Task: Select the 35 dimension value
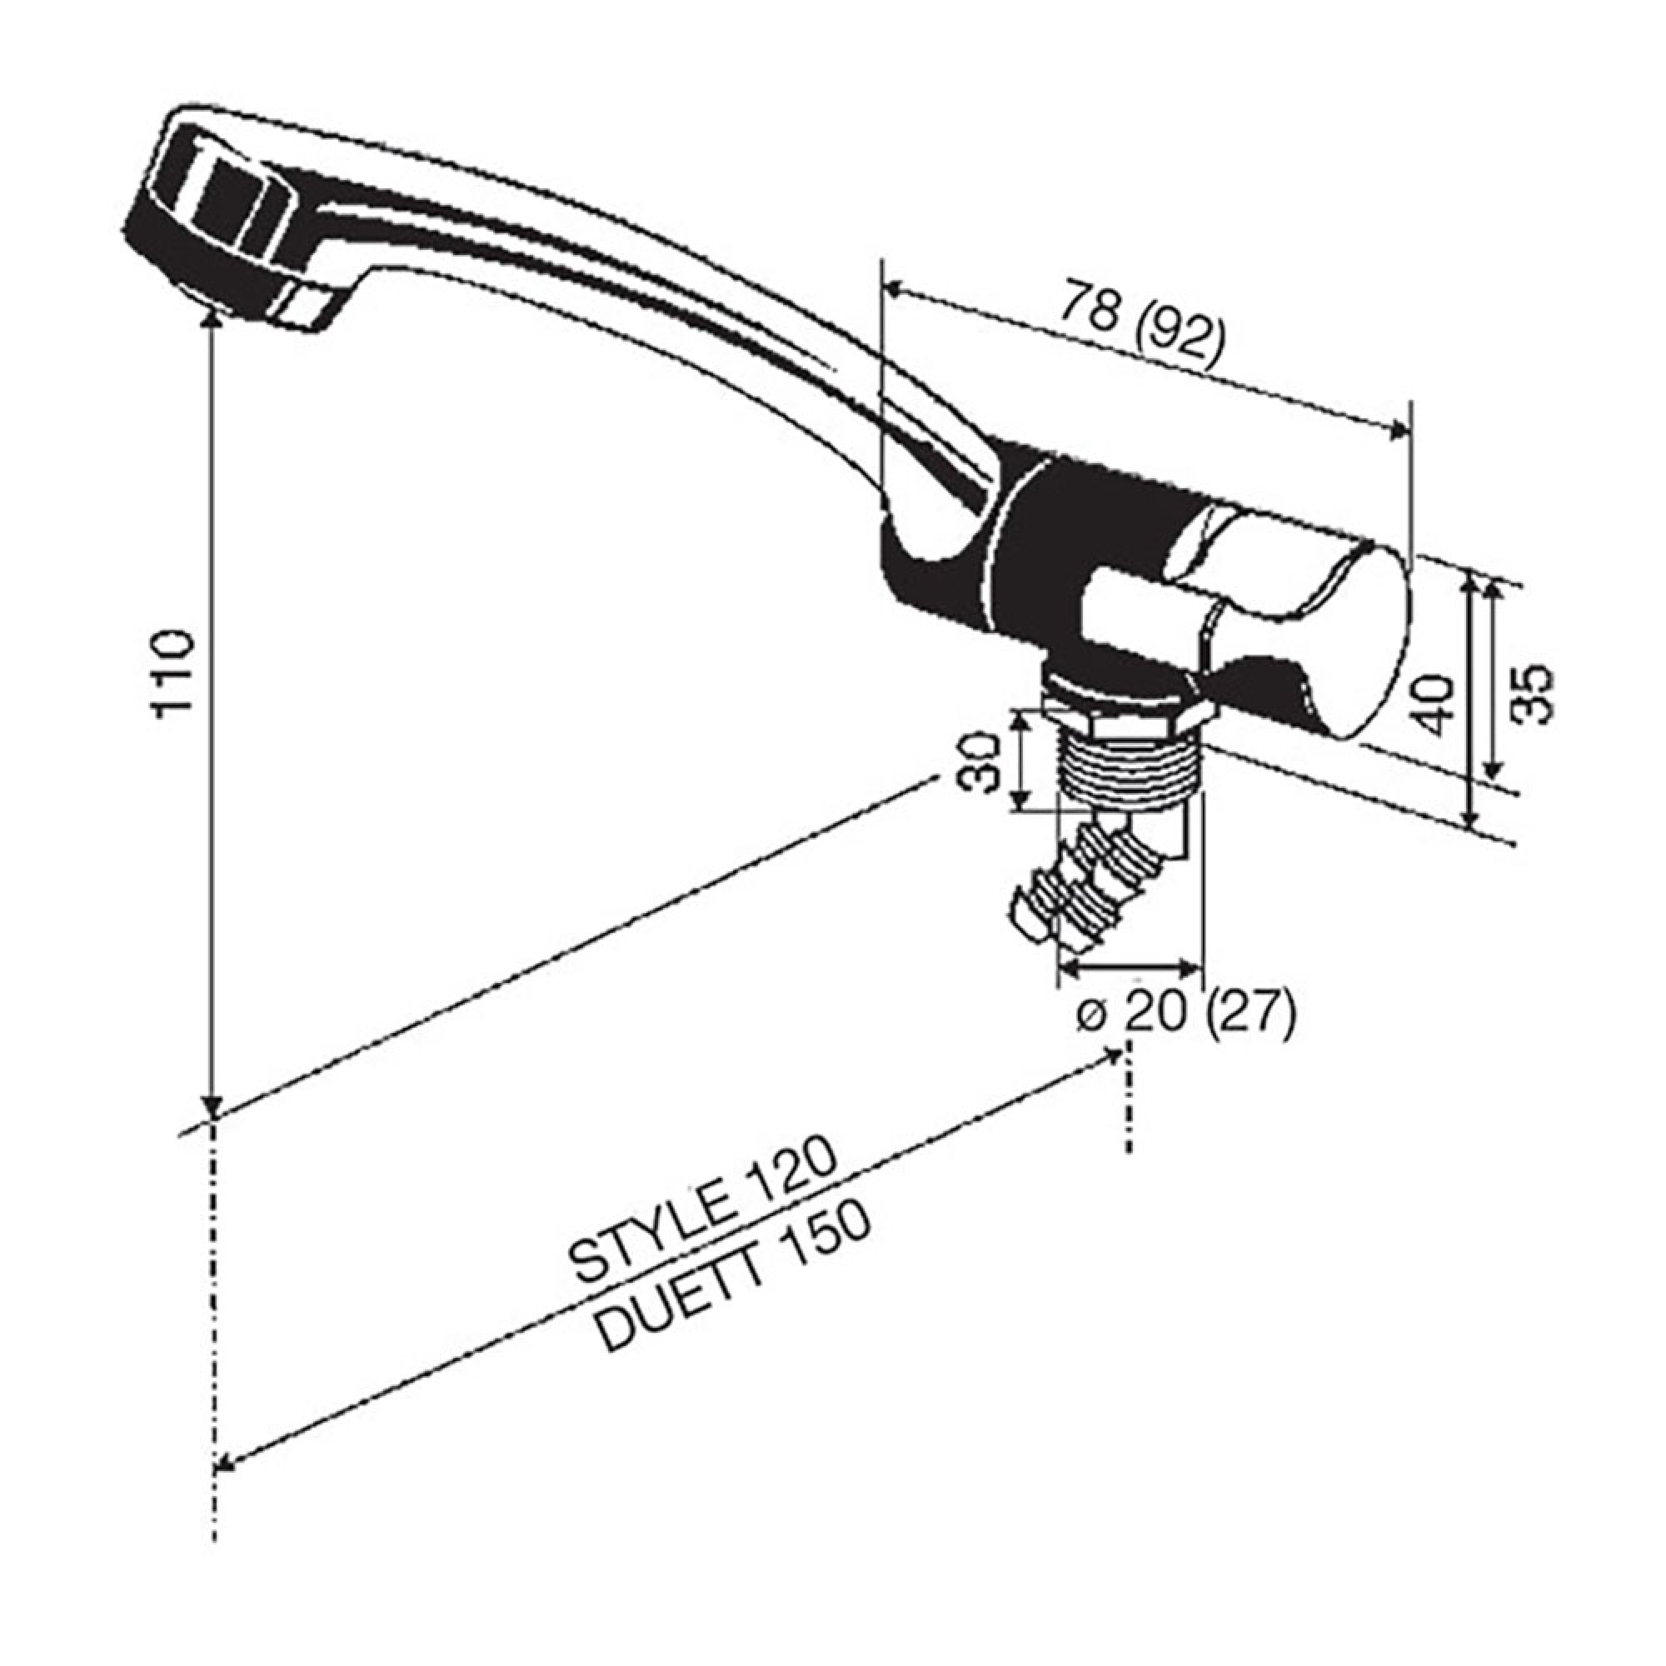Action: click(x=1534, y=693)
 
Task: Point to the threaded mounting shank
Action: click(x=1130, y=767)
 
